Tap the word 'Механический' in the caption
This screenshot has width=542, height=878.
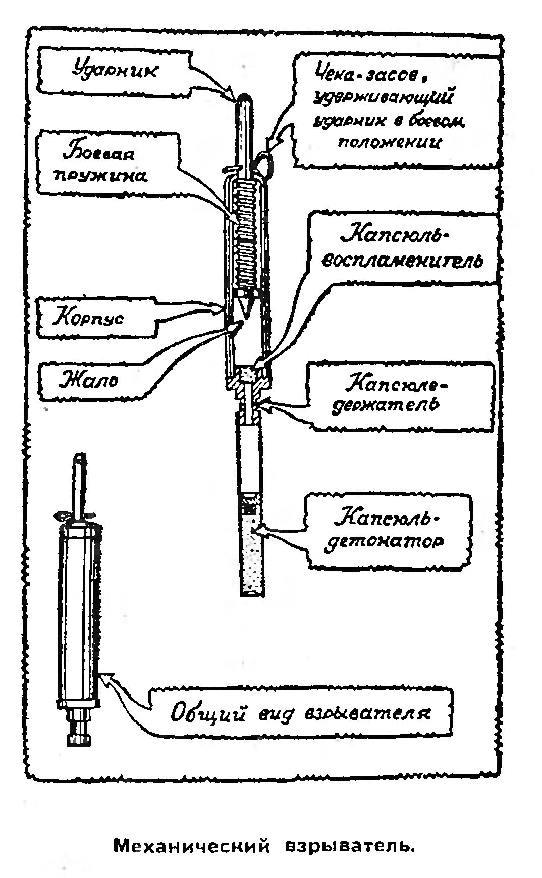tap(191, 845)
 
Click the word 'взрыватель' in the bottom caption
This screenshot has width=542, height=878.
tap(350, 845)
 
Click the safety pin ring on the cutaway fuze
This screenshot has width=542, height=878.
tap(266, 162)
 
